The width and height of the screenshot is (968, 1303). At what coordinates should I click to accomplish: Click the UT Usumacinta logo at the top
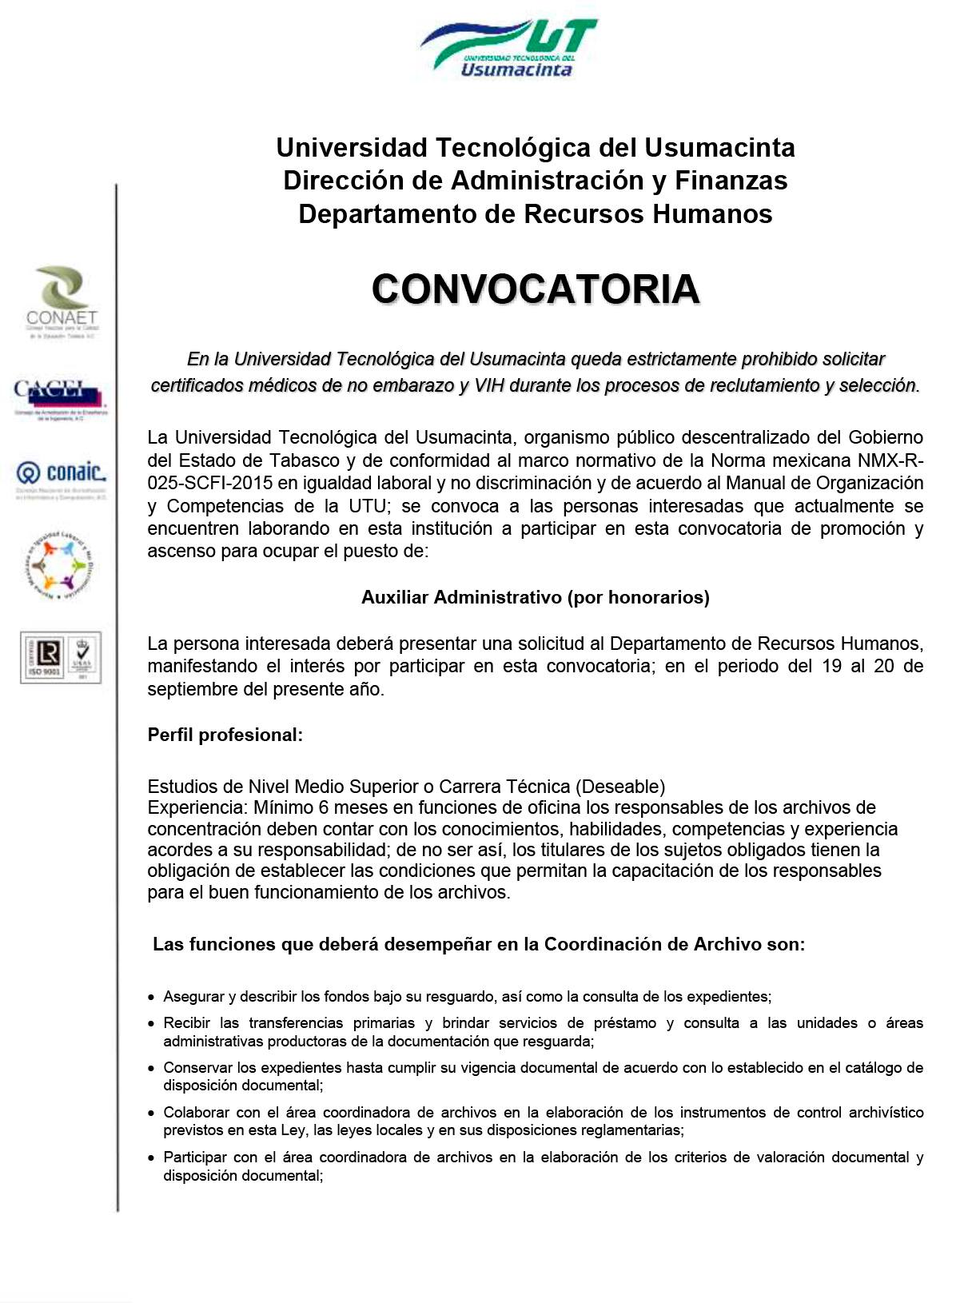click(x=509, y=48)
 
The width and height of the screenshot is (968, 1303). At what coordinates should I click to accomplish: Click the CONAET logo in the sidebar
click(x=61, y=302)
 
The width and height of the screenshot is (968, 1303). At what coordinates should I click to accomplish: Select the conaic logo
click(x=61, y=477)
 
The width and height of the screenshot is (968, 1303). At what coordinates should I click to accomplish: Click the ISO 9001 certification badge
click(x=61, y=657)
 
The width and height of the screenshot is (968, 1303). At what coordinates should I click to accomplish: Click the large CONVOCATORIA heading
click(x=535, y=289)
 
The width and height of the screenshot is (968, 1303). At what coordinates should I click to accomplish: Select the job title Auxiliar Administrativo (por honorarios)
click(x=535, y=597)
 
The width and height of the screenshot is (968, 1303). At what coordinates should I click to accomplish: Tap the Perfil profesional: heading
click(x=225, y=735)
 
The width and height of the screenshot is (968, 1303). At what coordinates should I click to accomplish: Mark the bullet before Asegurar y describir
click(x=152, y=998)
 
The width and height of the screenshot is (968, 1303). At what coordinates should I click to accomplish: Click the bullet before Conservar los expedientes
click(x=152, y=1068)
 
